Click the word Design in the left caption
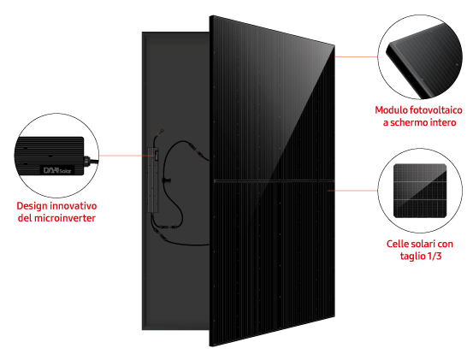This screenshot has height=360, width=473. [x=32, y=206]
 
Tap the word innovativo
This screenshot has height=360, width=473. [x=74, y=206]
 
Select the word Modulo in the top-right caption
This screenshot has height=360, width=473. [x=391, y=110]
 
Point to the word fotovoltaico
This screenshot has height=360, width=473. [x=435, y=110]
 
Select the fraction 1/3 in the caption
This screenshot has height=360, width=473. [x=435, y=256]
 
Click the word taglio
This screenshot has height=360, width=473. [x=412, y=257]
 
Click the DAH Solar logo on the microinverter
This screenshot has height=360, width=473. [x=57, y=171]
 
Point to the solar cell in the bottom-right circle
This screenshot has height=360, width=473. [x=420, y=191]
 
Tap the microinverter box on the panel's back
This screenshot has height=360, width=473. [x=153, y=180]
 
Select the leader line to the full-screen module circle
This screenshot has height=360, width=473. [x=356, y=56]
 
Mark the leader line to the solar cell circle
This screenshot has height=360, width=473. [x=352, y=191]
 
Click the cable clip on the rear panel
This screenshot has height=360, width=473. [x=166, y=180]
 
